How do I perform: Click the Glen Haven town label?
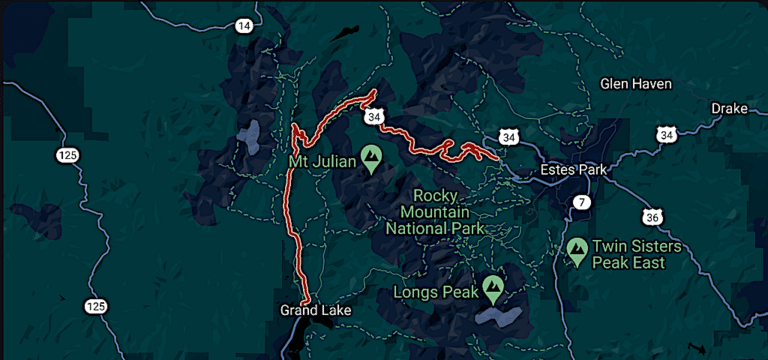(635, 84)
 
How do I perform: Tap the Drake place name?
(729, 108)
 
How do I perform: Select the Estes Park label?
(573, 170)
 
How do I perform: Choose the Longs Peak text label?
(436, 293)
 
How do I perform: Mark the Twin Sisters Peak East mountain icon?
(577, 250)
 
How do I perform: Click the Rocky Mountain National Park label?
(436, 211)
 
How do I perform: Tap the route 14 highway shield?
(244, 27)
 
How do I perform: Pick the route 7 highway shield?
(582, 203)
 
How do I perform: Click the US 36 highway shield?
(652, 217)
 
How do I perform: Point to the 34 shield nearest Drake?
(666, 134)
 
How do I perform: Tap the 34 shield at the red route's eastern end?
(510, 136)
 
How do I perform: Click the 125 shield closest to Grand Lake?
(95, 305)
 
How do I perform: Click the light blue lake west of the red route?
(248, 133)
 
